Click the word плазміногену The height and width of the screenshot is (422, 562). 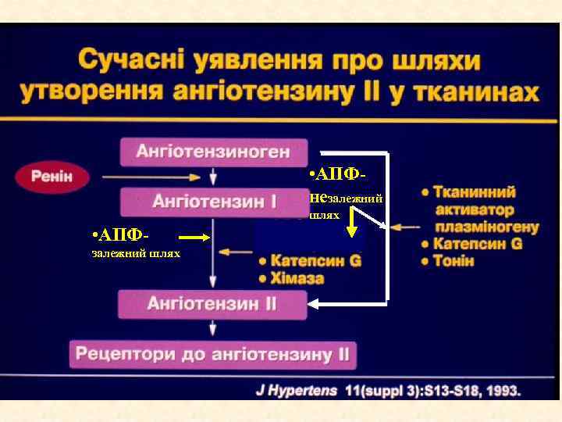pos(487,227)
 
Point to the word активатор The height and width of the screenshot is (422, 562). pos(475,209)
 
